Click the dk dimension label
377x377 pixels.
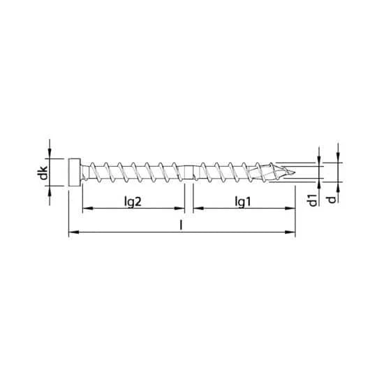[43, 172]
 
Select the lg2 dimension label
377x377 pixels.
[133, 202]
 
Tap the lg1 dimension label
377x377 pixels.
[243, 202]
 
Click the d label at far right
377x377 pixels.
[332, 199]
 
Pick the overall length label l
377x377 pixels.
[181, 225]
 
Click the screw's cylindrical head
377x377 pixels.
[74, 172]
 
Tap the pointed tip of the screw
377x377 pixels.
[295, 172]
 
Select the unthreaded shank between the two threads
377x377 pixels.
[188, 172]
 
